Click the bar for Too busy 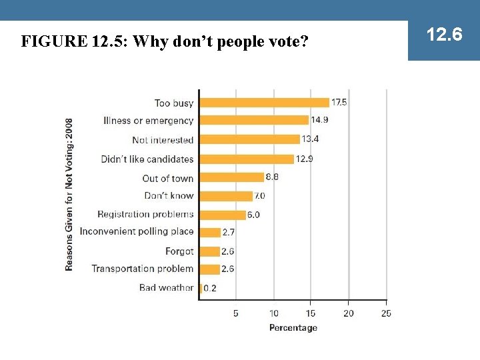click(x=265, y=103)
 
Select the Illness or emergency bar click(x=254, y=120)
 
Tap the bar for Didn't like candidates click(x=247, y=159)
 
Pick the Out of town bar click(x=231, y=177)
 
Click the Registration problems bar click(x=222, y=215)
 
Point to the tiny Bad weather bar click(x=201, y=288)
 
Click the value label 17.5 click(x=339, y=103)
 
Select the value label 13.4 click(x=310, y=139)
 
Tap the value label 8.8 click(x=272, y=177)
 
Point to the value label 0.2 click(x=209, y=289)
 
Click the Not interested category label click(x=163, y=140)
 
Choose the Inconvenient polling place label click(x=137, y=232)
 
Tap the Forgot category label click(x=179, y=251)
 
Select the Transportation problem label click(x=142, y=269)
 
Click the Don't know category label click(x=169, y=196)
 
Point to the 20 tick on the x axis click(x=349, y=313)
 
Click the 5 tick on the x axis click(x=236, y=313)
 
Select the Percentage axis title click(x=293, y=327)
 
